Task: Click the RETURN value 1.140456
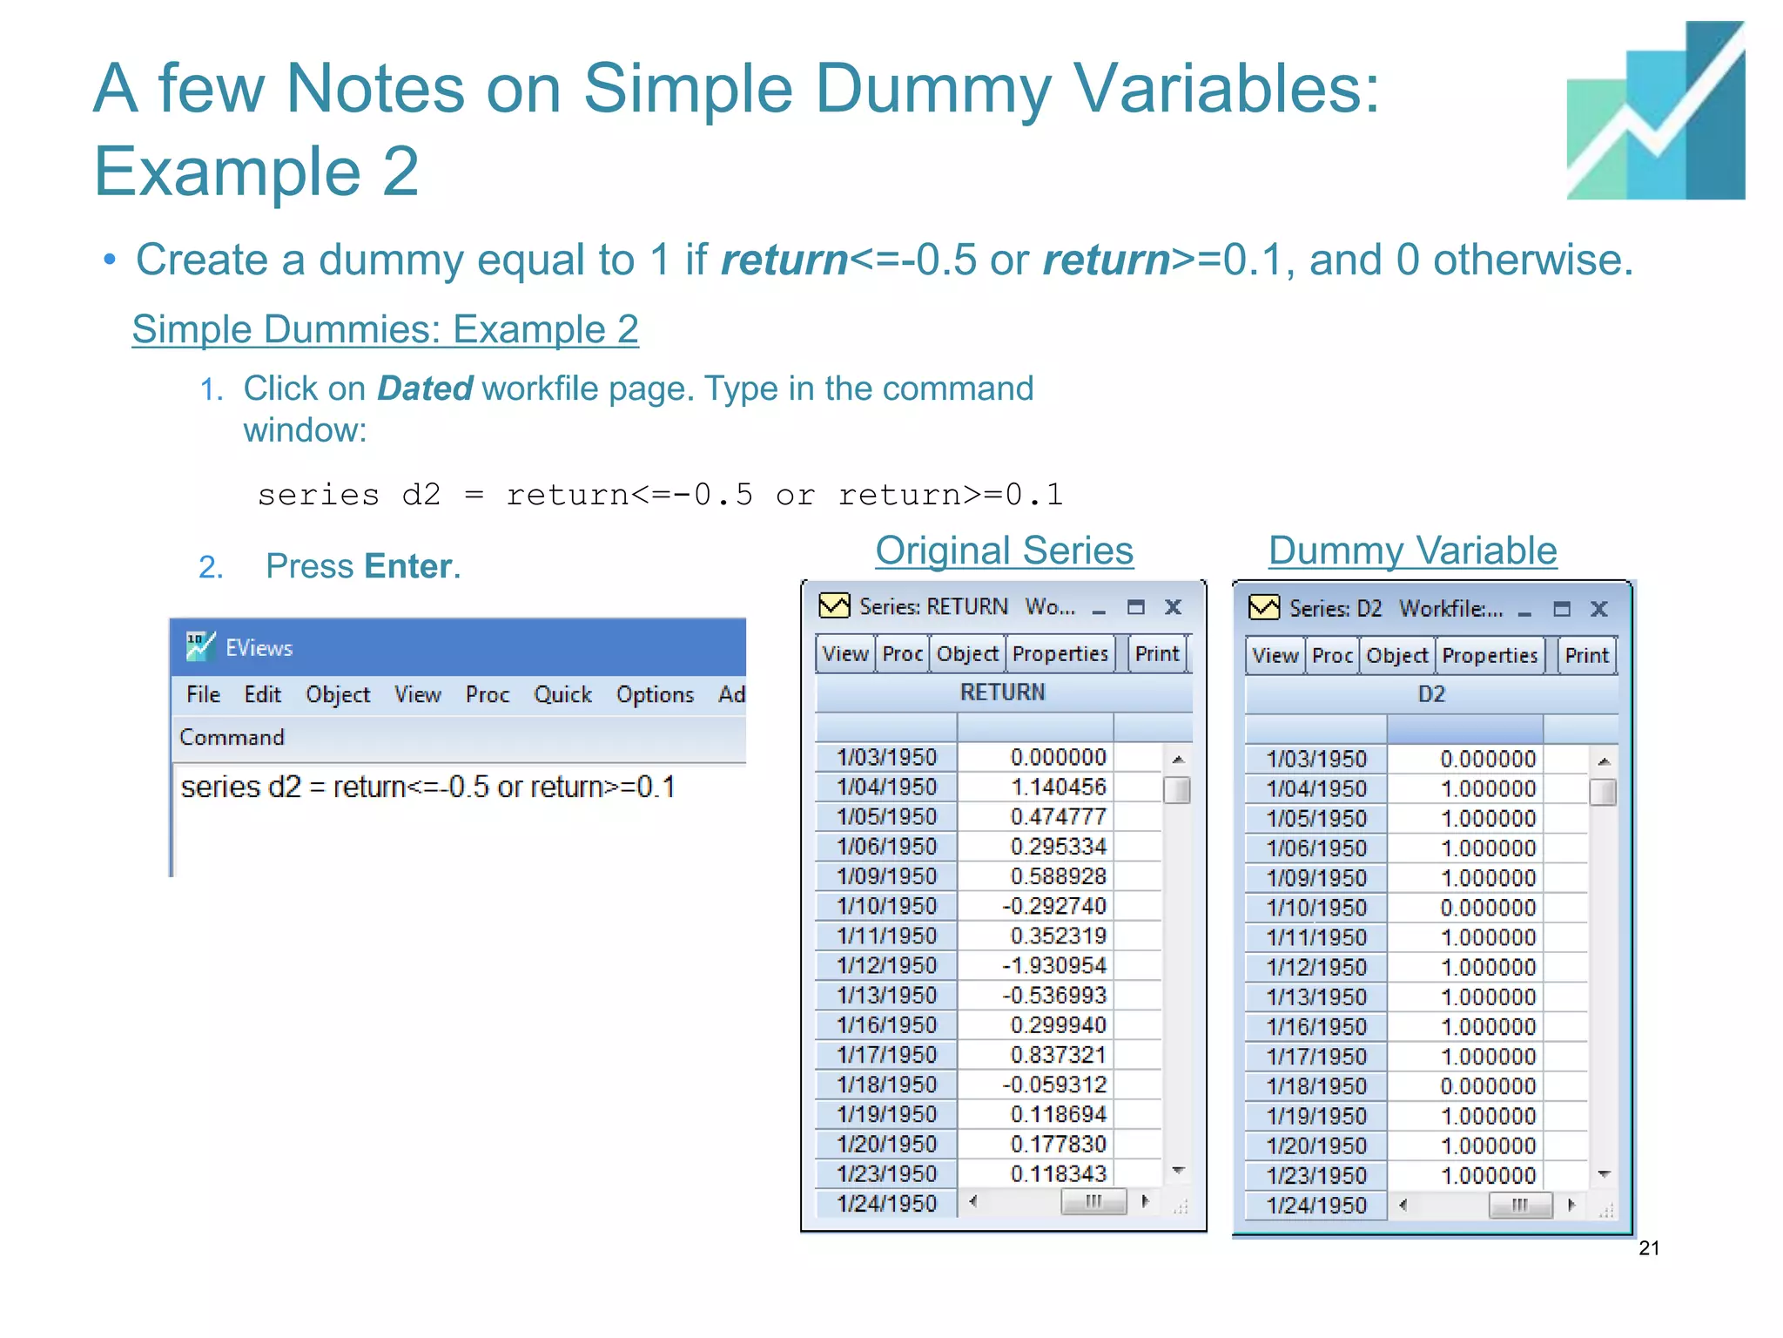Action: (x=1058, y=787)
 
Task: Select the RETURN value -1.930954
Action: (x=1053, y=966)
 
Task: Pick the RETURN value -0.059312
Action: (x=1053, y=1085)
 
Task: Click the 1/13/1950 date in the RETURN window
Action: (x=886, y=996)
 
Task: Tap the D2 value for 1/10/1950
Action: (x=1488, y=909)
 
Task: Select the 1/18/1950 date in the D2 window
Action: (x=1316, y=1087)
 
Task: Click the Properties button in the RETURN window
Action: (x=1060, y=654)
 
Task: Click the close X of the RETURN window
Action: (x=1173, y=607)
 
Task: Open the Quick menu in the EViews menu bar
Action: (x=562, y=694)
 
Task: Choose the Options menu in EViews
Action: (x=655, y=694)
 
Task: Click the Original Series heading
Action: (x=1004, y=551)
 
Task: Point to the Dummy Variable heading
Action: (x=1412, y=551)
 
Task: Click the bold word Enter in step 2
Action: (x=408, y=566)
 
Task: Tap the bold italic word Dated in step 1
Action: (x=425, y=389)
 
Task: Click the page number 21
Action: (x=1649, y=1248)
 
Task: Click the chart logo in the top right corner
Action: (x=1655, y=111)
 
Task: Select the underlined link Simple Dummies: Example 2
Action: (x=385, y=329)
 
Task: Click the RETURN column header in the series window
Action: (x=1002, y=693)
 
